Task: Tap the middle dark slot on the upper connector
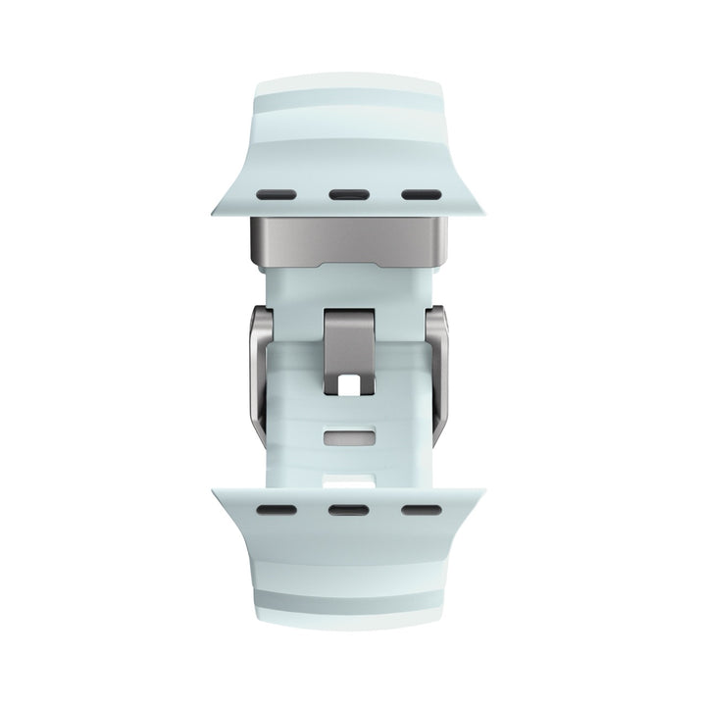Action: click(x=347, y=193)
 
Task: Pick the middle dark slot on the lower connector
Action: click(x=347, y=511)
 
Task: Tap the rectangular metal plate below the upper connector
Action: click(x=348, y=239)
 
